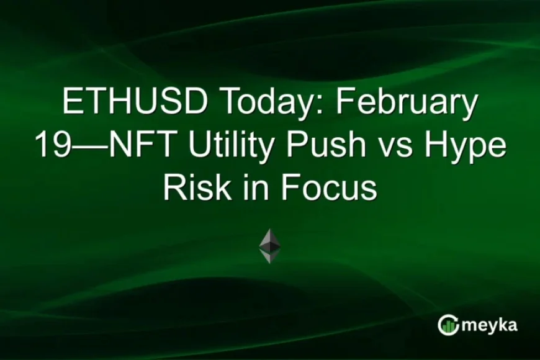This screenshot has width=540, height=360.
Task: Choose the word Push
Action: click(328, 146)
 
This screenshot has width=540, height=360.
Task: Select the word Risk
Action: click(189, 187)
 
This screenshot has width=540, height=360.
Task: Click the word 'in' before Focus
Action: click(249, 187)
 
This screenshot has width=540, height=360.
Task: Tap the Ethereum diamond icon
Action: click(269, 246)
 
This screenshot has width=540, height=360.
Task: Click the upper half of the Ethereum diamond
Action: click(269, 239)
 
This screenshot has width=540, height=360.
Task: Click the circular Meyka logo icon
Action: click(448, 325)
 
